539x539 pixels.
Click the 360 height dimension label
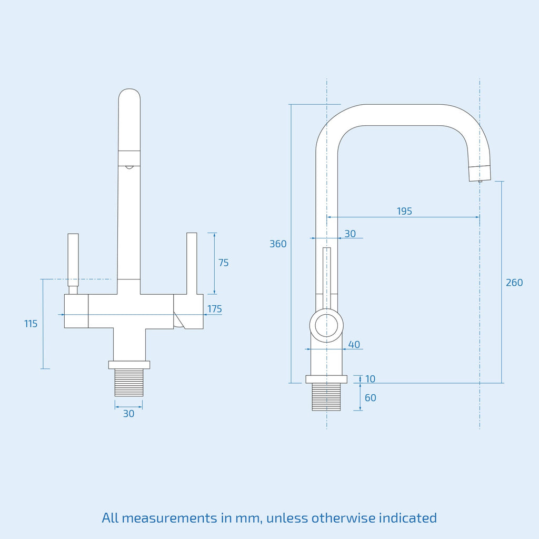[x=278, y=244]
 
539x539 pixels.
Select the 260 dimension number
[x=514, y=283]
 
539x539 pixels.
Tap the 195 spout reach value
[x=404, y=211]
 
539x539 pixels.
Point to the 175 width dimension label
[x=215, y=308]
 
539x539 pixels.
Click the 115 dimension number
[x=31, y=324]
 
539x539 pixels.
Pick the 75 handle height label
[x=223, y=263]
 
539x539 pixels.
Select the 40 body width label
[x=354, y=344]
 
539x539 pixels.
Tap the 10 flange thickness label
[x=370, y=379]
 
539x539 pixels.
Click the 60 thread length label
[x=370, y=398]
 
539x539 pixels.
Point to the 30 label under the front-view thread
[x=128, y=414]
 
